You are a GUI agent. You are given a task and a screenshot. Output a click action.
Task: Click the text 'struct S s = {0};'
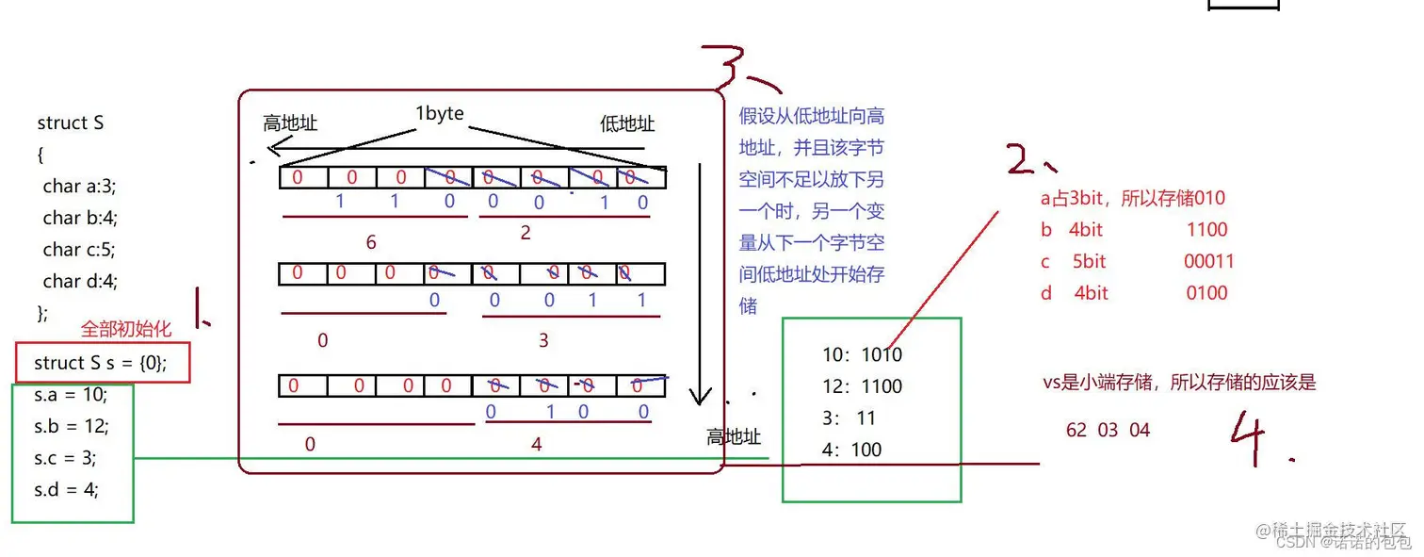pyautogui.click(x=101, y=363)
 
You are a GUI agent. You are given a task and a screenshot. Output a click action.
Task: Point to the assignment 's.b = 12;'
pyautogui.click(x=72, y=426)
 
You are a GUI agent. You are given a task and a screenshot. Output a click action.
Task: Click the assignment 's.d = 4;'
pyautogui.click(x=67, y=489)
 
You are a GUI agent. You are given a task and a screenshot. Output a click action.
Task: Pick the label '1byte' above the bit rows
pyautogui.click(x=439, y=113)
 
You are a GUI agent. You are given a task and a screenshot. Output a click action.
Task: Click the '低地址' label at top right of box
pyautogui.click(x=627, y=123)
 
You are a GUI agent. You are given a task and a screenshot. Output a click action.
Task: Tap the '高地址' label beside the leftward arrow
pyautogui.click(x=290, y=123)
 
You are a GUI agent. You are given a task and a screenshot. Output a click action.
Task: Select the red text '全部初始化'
pyautogui.click(x=125, y=329)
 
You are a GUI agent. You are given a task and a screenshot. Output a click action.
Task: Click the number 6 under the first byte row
pyautogui.click(x=371, y=242)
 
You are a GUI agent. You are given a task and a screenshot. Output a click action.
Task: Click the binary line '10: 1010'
pyautogui.click(x=862, y=354)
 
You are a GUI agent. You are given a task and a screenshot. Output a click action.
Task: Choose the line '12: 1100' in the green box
pyautogui.click(x=862, y=386)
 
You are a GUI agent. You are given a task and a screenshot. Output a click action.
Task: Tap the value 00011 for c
pyautogui.click(x=1208, y=261)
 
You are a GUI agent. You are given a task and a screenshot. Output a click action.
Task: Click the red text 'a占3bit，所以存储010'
pyautogui.click(x=1133, y=198)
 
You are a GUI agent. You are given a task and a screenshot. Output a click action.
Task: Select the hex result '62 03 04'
pyautogui.click(x=1108, y=430)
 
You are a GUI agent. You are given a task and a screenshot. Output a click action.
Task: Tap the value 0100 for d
pyautogui.click(x=1206, y=293)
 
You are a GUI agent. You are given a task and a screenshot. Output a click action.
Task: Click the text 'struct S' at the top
pyautogui.click(x=71, y=123)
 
